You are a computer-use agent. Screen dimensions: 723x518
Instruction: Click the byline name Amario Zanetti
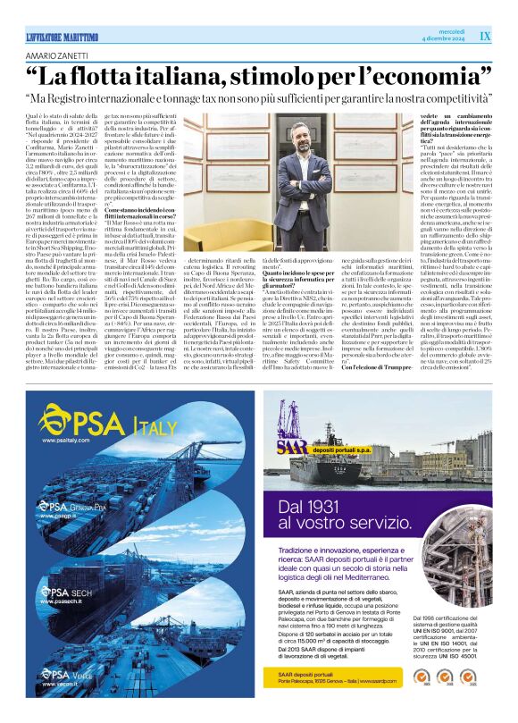click(59, 55)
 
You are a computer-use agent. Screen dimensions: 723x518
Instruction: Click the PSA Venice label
click(66, 677)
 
